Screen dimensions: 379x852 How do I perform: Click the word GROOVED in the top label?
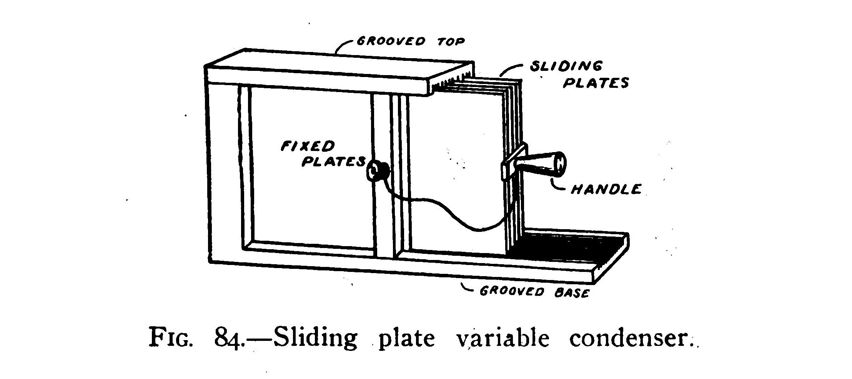[391, 41]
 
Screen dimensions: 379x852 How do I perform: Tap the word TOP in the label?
[451, 42]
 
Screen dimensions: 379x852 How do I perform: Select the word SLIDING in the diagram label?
[566, 67]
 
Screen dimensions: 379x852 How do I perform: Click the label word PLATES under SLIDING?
[596, 83]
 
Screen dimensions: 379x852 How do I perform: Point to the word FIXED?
[308, 147]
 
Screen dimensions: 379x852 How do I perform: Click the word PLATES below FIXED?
[333, 162]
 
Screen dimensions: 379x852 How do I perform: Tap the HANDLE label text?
[606, 189]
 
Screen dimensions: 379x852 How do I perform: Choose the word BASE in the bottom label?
[572, 293]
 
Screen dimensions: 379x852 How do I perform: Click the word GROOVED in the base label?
[511, 292]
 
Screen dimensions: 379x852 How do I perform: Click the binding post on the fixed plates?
[376, 170]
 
